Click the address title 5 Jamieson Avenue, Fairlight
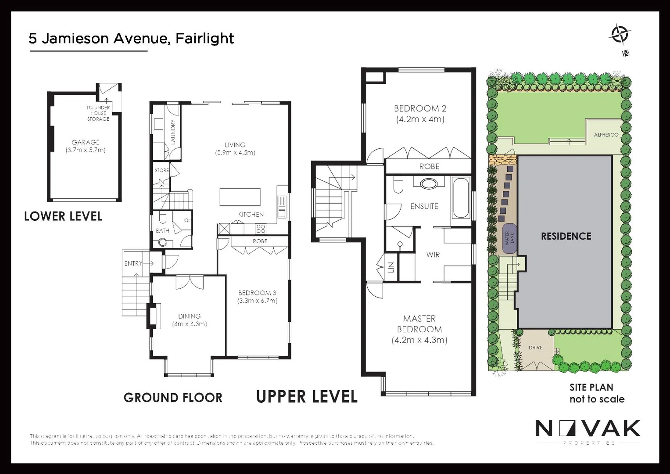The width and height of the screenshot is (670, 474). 131,39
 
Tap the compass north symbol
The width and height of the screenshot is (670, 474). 620,35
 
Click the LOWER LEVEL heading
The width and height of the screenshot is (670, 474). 63,216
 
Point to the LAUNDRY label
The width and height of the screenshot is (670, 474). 173,132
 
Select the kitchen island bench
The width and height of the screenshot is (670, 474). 240,197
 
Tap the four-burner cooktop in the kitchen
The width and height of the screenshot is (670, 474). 261,228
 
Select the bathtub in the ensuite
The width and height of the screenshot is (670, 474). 461,198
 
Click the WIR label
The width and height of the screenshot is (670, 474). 433,255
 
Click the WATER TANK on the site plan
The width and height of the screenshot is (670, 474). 509,238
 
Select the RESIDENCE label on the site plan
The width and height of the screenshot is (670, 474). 566,236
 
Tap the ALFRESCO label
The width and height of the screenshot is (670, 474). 606,135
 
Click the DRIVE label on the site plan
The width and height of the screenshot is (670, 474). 535,348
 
